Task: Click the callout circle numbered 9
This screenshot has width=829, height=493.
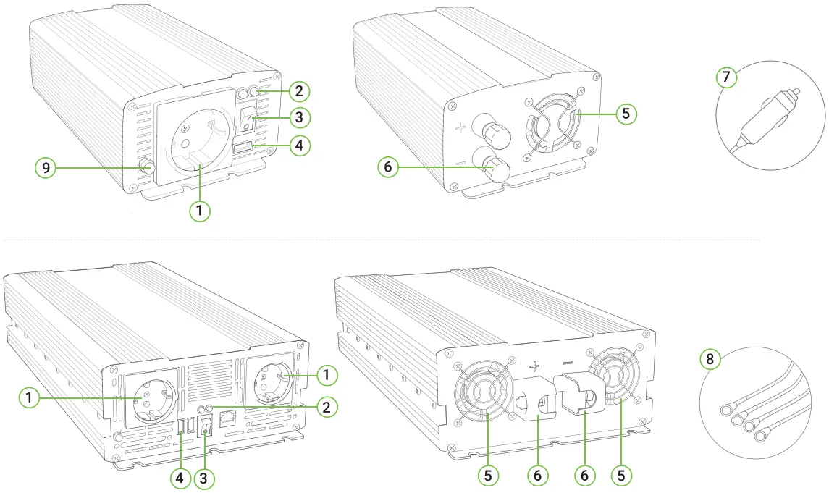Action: pyautogui.click(x=45, y=168)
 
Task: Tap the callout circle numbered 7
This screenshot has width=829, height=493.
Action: pyautogui.click(x=726, y=76)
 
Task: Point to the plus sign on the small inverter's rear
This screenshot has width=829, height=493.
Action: pyautogui.click(x=461, y=130)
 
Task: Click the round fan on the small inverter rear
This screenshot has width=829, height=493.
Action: pyautogui.click(x=552, y=124)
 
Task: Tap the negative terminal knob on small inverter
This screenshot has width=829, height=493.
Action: pyautogui.click(x=497, y=169)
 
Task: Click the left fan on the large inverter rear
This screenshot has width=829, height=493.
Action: pyautogui.click(x=480, y=395)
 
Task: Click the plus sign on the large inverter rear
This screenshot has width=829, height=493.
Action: pyautogui.click(x=535, y=367)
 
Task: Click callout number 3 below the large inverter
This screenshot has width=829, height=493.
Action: pyautogui.click(x=205, y=478)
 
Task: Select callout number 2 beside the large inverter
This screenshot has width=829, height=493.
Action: pyautogui.click(x=327, y=407)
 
